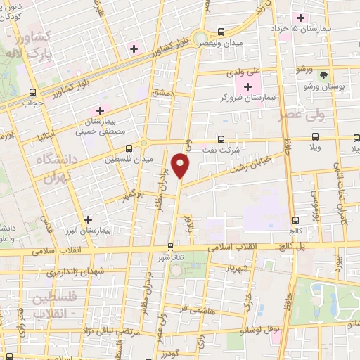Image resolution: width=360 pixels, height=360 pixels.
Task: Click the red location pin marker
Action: [181, 167]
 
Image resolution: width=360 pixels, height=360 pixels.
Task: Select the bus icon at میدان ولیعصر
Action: [221, 32]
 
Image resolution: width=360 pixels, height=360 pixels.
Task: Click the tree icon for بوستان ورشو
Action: [324, 75]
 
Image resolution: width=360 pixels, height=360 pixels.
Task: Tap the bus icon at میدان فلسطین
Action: [129, 148]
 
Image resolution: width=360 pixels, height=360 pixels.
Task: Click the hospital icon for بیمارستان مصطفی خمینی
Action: [101, 110]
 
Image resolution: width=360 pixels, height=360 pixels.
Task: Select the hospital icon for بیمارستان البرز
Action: [88, 219]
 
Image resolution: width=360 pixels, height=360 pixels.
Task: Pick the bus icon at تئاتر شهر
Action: [171, 247]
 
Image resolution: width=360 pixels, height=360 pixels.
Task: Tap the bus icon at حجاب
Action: [33, 92]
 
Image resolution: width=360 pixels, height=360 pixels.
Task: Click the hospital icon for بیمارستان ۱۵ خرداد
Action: [301, 18]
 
